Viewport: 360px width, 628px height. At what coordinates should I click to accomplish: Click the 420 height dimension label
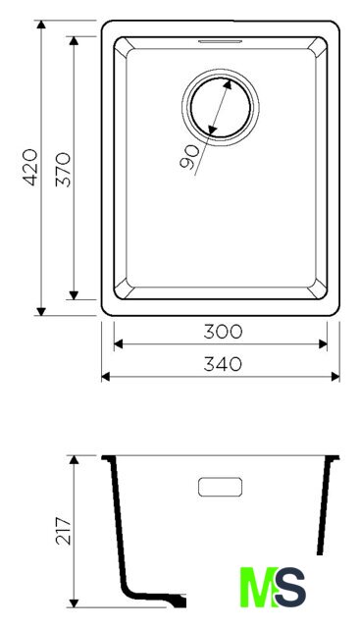click(31, 168)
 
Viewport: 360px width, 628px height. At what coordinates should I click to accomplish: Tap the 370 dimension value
click(64, 170)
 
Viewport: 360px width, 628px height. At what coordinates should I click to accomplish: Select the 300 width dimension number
click(223, 332)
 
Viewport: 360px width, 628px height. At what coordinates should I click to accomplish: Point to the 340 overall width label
click(223, 364)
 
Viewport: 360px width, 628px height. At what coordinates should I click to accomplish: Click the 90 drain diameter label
click(189, 157)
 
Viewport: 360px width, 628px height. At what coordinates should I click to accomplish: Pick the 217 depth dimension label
click(64, 530)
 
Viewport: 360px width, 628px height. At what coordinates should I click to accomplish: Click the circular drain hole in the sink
click(221, 107)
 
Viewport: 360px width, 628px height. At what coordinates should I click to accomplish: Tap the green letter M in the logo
click(257, 587)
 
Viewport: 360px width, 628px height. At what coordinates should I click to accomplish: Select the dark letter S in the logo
click(290, 587)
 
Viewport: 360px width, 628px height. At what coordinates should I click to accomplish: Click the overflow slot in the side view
click(221, 487)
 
